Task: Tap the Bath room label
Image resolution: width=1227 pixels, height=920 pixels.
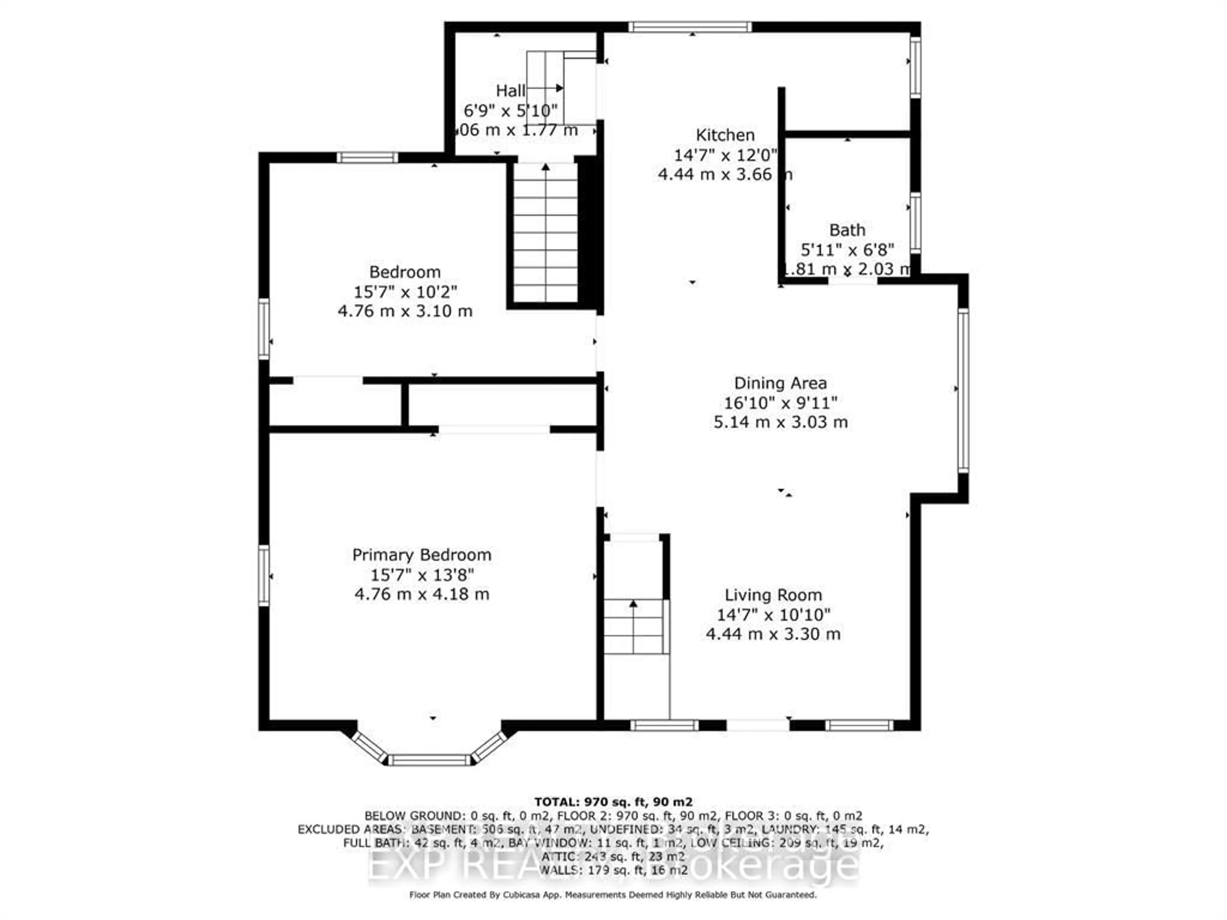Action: (847, 230)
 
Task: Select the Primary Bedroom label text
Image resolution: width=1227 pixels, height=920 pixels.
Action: (421, 555)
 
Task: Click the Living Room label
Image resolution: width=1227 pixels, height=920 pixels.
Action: (773, 595)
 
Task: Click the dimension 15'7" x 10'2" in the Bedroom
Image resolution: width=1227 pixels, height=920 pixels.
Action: (405, 292)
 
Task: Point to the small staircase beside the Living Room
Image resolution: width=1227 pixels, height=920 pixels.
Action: (633, 627)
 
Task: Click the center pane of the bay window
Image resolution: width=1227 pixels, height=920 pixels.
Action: (429, 760)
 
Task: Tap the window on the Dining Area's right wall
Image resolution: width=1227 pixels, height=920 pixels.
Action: (963, 391)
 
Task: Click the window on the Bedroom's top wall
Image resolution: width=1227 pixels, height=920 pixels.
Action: (367, 157)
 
